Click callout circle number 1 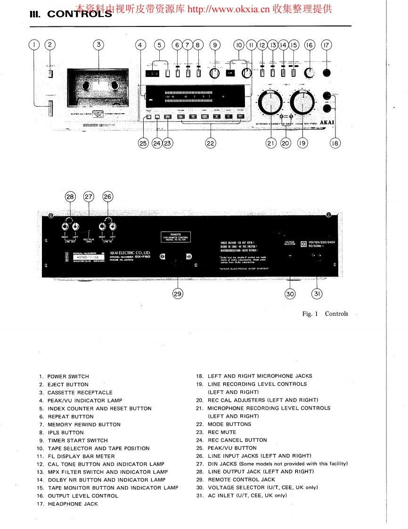pyautogui.click(x=34, y=45)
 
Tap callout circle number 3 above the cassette pyautogui.click(x=98, y=45)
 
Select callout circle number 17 pyautogui.click(x=326, y=45)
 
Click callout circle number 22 pyautogui.click(x=211, y=143)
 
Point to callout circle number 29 pyautogui.click(x=178, y=293)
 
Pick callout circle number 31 pyautogui.click(x=317, y=293)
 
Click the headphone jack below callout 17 pyautogui.click(x=326, y=73)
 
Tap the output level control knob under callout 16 pyautogui.click(x=309, y=73)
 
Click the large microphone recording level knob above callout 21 pyautogui.click(x=270, y=101)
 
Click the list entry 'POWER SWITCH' pyautogui.click(x=68, y=377)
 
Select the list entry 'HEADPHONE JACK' pyautogui.click(x=73, y=504)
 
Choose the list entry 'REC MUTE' pyautogui.click(x=222, y=432)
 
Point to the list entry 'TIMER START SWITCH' pyautogui.click(x=77, y=441)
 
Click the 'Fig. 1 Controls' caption pyautogui.click(x=325, y=314)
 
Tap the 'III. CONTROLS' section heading pyautogui.click(x=71, y=14)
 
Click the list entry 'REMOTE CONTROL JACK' pyautogui.click(x=241, y=479)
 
